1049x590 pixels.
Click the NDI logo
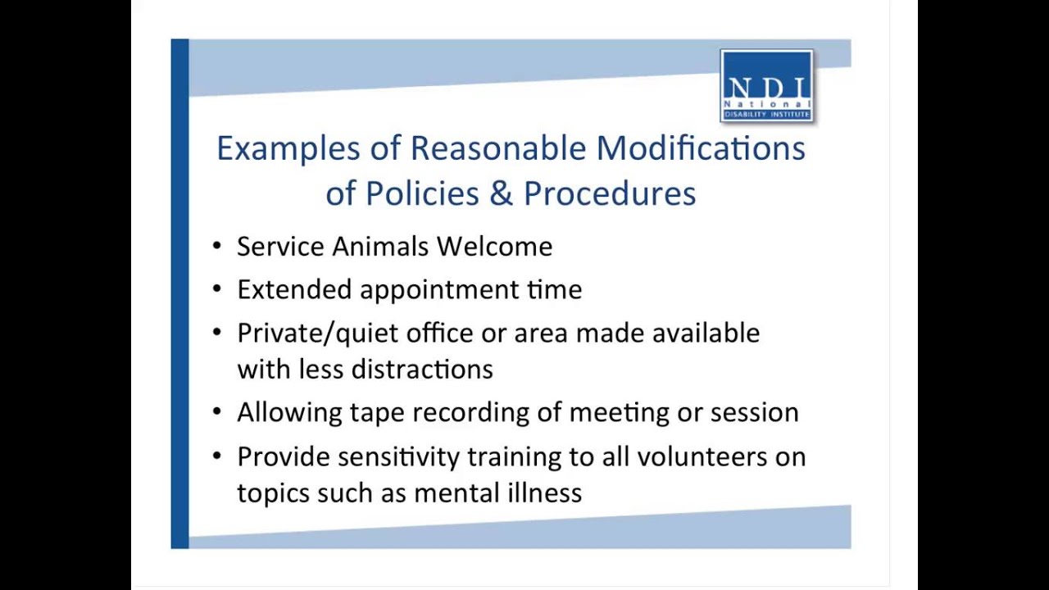766,86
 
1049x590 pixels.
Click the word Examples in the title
288,148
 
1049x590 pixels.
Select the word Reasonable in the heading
497,148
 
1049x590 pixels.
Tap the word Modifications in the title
701,148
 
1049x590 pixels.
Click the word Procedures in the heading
610,193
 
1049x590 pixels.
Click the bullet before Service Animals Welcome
216,246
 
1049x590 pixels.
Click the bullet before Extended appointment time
216,288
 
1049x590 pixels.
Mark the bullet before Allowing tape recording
216,411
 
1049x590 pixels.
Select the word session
754,412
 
